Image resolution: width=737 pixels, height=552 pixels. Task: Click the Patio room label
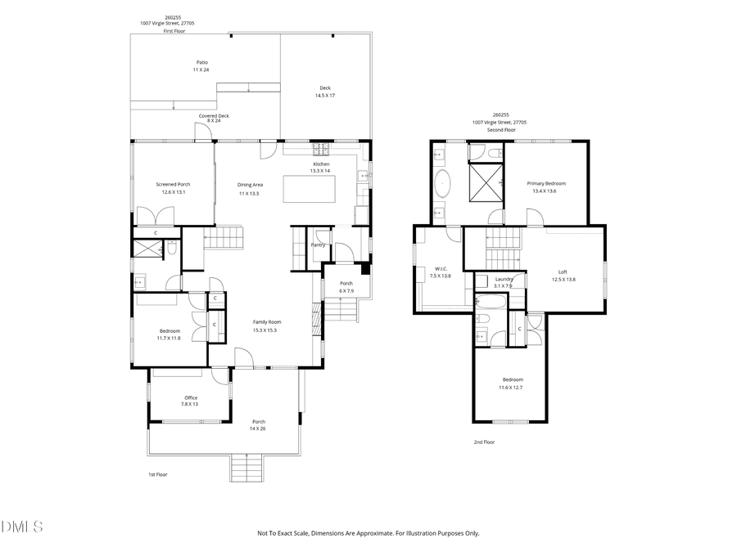[201, 62]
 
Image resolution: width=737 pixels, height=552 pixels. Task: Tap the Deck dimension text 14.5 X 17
[325, 96]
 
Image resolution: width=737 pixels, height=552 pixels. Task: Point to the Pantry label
[318, 245]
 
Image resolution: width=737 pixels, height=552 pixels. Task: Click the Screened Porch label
[173, 184]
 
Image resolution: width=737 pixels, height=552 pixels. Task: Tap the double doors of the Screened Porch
[156, 217]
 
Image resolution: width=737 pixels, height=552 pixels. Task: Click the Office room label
[190, 397]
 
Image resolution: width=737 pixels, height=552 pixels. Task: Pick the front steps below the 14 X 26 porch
[249, 469]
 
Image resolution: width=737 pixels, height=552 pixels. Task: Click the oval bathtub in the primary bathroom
[444, 184]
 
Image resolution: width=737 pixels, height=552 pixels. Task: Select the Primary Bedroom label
[545, 183]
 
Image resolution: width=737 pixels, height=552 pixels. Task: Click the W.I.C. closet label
[440, 268]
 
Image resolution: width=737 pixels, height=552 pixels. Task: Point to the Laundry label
[504, 279]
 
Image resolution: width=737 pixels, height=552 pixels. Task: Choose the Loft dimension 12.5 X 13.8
[563, 280]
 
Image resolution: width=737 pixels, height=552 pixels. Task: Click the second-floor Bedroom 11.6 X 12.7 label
[512, 379]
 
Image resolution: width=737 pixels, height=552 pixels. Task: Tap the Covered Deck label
[214, 116]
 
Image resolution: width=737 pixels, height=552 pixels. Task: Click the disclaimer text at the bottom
[368, 533]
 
